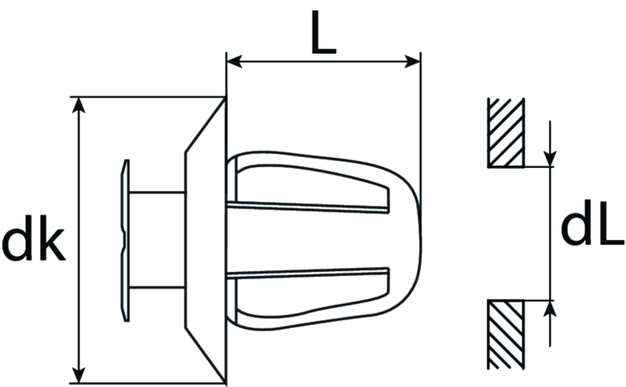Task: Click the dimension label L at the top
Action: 323,32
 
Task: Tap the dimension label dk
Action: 34,238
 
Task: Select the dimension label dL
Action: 592,229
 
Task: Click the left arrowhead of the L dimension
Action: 234,62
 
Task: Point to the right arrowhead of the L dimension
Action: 413,62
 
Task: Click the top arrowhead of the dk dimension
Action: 80,105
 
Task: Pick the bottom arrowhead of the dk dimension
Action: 80,375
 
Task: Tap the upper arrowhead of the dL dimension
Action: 550,158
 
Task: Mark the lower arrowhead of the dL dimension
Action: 550,308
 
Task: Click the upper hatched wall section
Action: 505,133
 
